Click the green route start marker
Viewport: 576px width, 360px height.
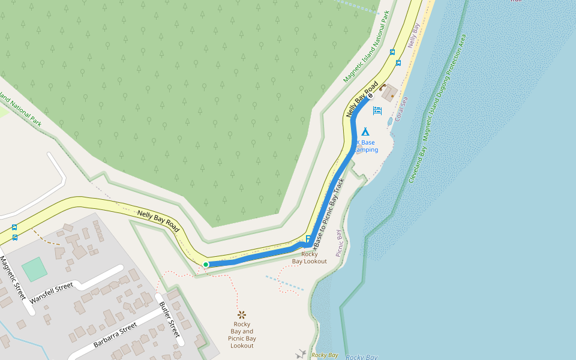pos(206,265)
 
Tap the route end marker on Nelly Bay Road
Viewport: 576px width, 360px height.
pos(370,96)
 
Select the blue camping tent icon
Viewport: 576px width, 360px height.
pos(365,131)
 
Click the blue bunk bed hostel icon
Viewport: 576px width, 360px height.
pos(377,110)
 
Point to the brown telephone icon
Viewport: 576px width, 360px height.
pos(383,87)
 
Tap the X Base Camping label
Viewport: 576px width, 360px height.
pos(365,146)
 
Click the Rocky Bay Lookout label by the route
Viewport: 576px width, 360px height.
pos(310,257)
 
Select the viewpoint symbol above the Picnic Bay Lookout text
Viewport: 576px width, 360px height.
pos(242,314)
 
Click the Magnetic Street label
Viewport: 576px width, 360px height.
pos(13,278)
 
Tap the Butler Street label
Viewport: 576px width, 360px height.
pos(170,318)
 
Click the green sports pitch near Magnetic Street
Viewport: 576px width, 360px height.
pos(34,269)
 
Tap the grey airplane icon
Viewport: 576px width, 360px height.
pos(301,354)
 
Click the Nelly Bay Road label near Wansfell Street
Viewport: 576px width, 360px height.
pos(158,220)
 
